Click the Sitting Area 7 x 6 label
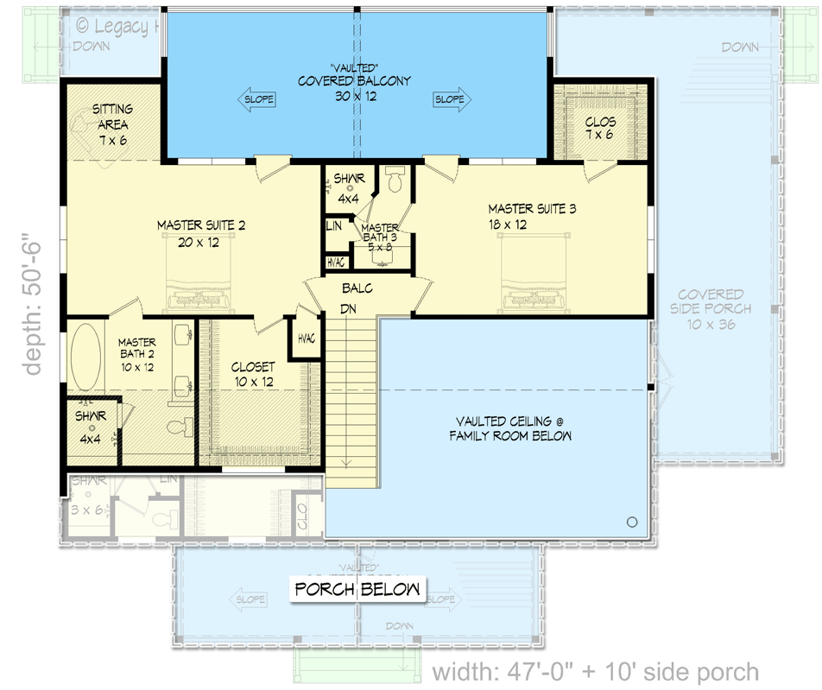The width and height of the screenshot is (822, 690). pyautogui.click(x=112, y=124)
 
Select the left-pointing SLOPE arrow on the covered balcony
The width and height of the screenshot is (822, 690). pyautogui.click(x=256, y=99)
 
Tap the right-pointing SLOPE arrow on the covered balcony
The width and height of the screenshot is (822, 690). pyautogui.click(x=452, y=99)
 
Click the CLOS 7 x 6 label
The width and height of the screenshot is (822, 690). pyautogui.click(x=600, y=129)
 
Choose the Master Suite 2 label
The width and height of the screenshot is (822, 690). pyautogui.click(x=201, y=233)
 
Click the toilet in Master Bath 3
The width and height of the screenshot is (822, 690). pyautogui.click(x=395, y=180)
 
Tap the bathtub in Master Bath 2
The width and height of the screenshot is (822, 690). pyautogui.click(x=85, y=356)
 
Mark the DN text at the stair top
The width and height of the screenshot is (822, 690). pyautogui.click(x=350, y=308)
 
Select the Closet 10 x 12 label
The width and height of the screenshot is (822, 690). pyautogui.click(x=253, y=374)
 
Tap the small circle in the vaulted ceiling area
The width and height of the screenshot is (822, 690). pyautogui.click(x=631, y=522)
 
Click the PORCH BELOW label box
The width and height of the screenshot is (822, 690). pyautogui.click(x=357, y=591)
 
